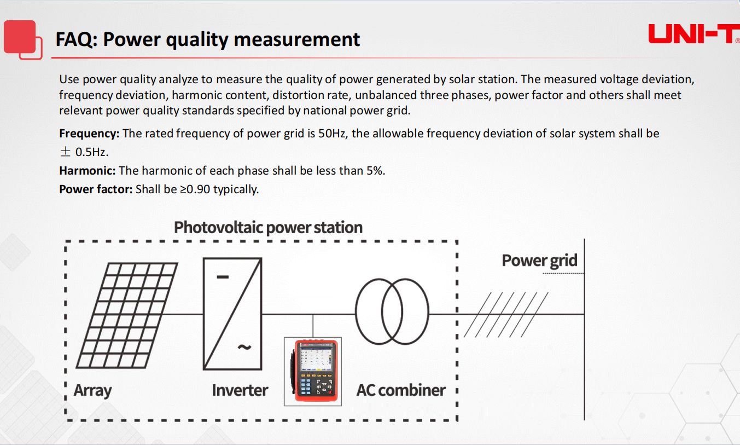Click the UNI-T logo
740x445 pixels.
tap(694, 34)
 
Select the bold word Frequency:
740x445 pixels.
tap(89, 133)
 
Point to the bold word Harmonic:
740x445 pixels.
tap(87, 171)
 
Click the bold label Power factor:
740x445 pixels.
tap(96, 189)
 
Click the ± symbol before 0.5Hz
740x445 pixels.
tap(66, 152)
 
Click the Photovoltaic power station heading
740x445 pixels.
tap(268, 228)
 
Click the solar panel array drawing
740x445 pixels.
tap(127, 315)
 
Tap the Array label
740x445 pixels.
tap(92, 390)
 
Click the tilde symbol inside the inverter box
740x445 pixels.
tap(244, 347)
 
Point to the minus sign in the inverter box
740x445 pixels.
tap(223, 277)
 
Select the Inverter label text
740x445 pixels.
tap(240, 390)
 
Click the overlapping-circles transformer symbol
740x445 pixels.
tap(392, 311)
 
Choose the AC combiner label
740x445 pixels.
tap(401, 390)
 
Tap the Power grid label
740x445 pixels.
tap(539, 261)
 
